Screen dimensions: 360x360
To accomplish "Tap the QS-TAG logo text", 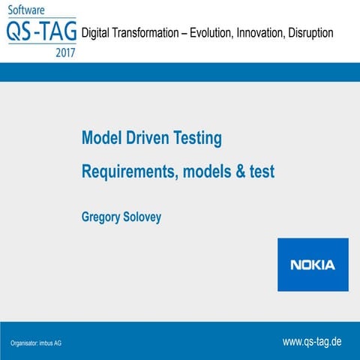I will click(40, 32).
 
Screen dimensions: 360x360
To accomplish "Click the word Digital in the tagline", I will click(98, 33).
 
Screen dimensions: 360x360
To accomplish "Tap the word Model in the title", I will click(102, 138).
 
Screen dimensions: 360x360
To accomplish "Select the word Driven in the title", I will click(151, 138).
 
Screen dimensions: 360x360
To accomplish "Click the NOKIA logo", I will click(313, 265).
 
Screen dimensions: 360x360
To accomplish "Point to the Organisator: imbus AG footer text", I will click(36, 343).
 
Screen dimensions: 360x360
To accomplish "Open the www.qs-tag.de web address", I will click(312, 341).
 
